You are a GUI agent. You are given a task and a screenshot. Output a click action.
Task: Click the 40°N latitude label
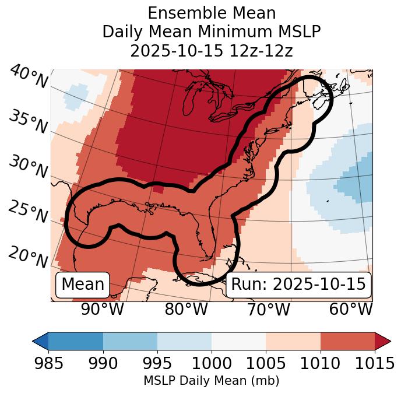pos(28,77)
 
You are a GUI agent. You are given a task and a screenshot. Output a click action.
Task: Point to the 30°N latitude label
pos(28,167)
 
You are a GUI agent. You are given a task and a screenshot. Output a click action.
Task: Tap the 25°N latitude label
pos(28,212)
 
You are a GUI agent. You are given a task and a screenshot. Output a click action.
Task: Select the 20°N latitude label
pos(28,257)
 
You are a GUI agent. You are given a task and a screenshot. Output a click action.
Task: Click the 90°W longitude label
pos(102,309)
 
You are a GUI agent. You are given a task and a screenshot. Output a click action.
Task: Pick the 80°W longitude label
pos(186,309)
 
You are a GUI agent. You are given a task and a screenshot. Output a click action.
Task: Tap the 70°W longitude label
pos(269,309)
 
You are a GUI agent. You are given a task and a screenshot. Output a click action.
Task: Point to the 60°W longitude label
pos(351,309)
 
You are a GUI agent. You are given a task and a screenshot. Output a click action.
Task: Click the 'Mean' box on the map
pos(83,285)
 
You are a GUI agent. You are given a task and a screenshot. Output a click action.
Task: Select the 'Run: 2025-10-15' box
pos(298,285)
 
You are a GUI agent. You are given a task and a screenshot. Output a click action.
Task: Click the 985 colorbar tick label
pos(48,363)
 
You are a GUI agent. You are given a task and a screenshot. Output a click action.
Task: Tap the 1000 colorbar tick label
pos(212,363)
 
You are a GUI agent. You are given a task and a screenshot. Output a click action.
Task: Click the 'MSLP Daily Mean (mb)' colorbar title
pos(211,381)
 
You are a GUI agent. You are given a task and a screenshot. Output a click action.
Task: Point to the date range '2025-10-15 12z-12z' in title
pos(211,51)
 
